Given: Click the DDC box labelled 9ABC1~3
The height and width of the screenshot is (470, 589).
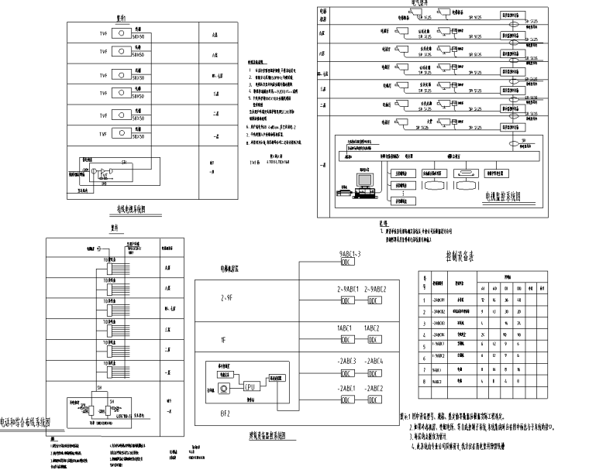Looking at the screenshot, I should pyautogui.click(x=348, y=262).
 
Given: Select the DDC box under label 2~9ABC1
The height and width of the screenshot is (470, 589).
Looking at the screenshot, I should pyautogui.click(x=348, y=300).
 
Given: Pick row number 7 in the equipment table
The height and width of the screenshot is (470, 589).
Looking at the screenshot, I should pyautogui.click(x=425, y=369).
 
